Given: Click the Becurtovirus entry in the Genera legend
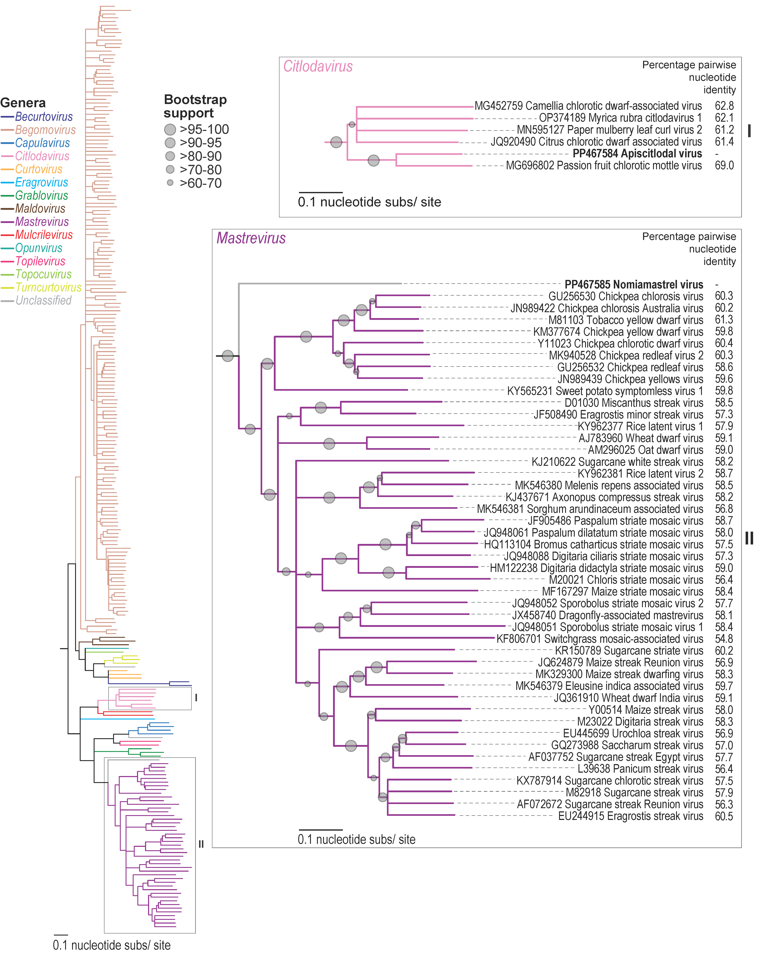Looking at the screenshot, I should (43, 117).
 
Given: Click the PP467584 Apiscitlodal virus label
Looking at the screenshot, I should (637, 154).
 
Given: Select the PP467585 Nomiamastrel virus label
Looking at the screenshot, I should (633, 285).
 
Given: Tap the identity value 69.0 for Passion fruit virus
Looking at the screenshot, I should (724, 166).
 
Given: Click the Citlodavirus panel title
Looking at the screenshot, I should (318, 67).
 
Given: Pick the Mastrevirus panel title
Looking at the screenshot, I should (251, 238).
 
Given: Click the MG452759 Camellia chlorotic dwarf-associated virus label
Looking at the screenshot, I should (588, 106).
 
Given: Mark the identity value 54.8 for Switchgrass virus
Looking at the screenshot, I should (724, 639).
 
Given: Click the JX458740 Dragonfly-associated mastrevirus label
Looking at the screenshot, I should (607, 615).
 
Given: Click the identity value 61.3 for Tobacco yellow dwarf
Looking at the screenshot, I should (724, 320).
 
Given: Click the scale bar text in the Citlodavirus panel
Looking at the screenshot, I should (370, 202).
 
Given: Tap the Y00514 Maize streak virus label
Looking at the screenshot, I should (645, 710).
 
